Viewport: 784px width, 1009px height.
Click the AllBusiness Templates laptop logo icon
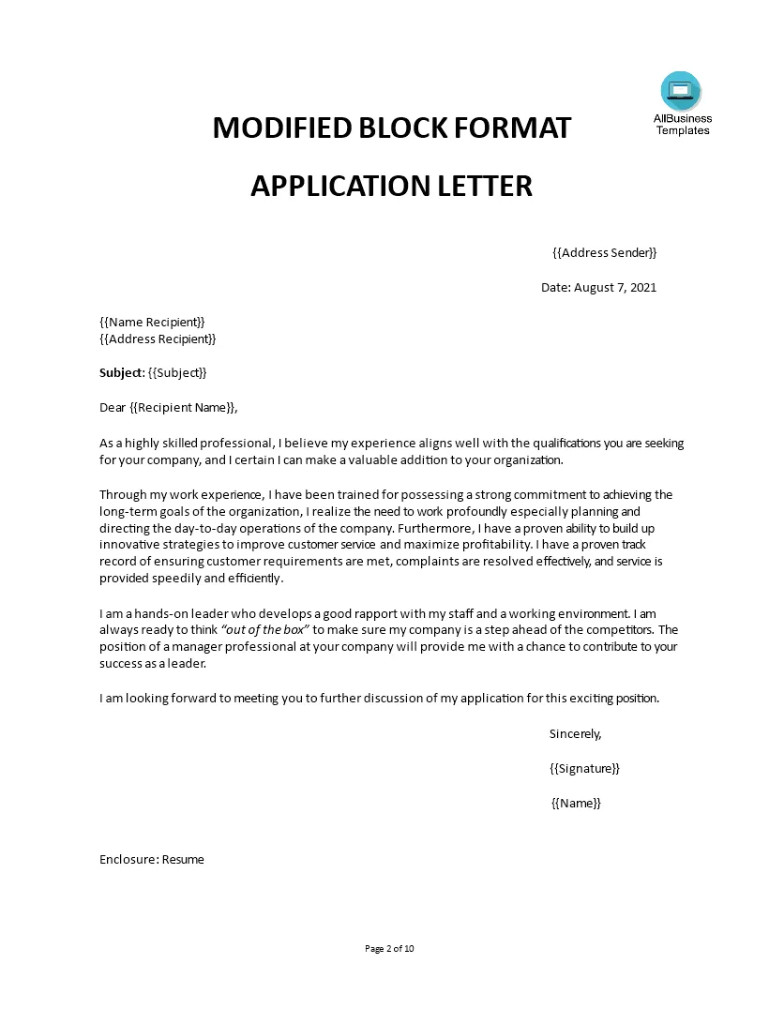[x=681, y=91]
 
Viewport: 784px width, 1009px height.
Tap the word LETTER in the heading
[x=486, y=186]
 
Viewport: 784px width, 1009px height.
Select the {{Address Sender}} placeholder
[x=604, y=253]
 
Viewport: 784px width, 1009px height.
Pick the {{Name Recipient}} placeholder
[x=152, y=322]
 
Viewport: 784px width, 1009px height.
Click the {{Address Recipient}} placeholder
[x=158, y=339]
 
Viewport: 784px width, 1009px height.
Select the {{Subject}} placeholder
[x=177, y=372]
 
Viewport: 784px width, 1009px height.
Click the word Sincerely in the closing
[x=575, y=733]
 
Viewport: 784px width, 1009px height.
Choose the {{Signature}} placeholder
[x=584, y=768]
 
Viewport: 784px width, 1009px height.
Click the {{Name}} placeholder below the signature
[x=576, y=803]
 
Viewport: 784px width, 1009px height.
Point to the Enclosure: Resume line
[x=152, y=859]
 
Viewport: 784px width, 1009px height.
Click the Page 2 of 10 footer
[x=389, y=948]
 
